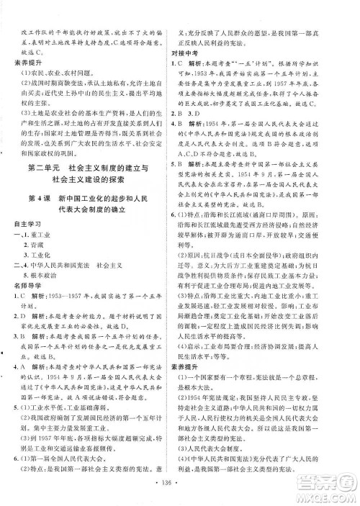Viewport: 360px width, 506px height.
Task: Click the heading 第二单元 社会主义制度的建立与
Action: pyautogui.click(x=90, y=189)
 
